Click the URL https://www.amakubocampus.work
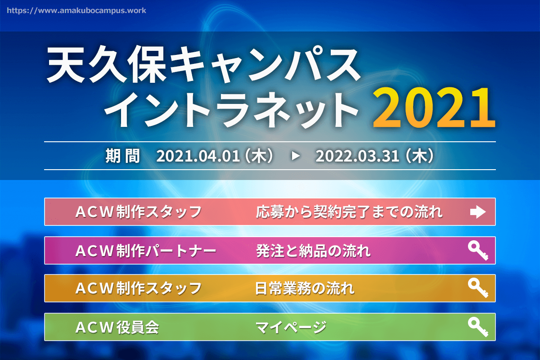point(76,11)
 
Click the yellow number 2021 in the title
point(434,108)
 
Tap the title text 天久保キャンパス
point(203,64)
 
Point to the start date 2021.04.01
point(198,156)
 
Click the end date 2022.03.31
point(357,156)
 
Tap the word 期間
point(123,156)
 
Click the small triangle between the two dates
point(296,156)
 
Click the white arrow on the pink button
point(478,212)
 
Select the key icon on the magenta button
point(478,251)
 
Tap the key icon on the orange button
point(478,288)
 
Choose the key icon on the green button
point(478,327)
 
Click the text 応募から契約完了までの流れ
point(349,212)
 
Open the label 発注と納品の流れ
point(313,251)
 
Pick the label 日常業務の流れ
point(305,288)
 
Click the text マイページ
point(291,327)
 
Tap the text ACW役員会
point(117,327)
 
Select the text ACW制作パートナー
point(146,251)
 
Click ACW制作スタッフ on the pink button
point(139,212)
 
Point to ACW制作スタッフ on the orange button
point(139,288)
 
